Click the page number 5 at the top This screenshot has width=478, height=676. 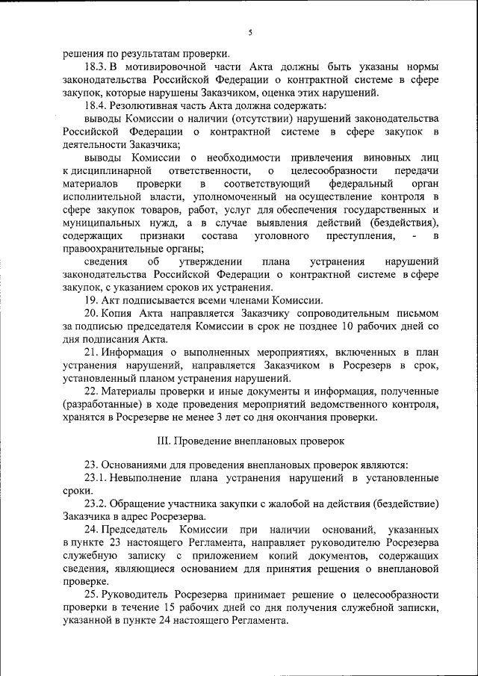250,32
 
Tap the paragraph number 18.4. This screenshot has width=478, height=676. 96,106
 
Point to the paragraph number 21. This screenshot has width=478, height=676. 90,353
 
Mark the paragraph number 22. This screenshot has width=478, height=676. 90,392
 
